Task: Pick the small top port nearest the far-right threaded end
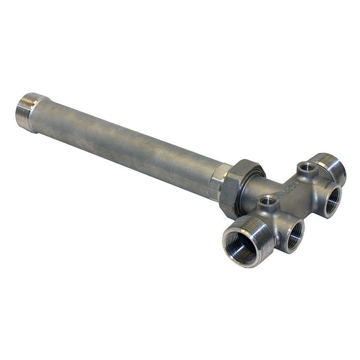tap(306, 168)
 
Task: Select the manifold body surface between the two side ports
tap(312, 211)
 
